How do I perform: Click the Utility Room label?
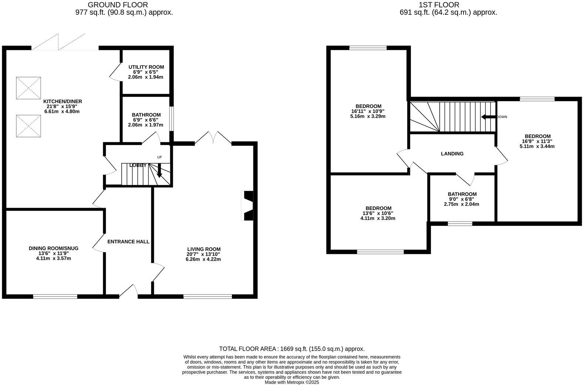(x=146, y=67)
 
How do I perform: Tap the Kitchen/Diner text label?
(x=63, y=101)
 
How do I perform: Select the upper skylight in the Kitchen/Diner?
(x=28, y=88)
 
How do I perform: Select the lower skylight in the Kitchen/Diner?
(x=28, y=126)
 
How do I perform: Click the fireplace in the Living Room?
(x=247, y=205)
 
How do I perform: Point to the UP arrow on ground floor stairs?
(x=159, y=171)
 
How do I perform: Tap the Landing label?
(x=452, y=154)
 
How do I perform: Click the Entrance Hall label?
(x=128, y=242)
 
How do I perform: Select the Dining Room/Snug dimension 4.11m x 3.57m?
(x=54, y=258)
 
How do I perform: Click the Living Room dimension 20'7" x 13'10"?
(x=203, y=254)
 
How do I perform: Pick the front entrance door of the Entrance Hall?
(x=128, y=291)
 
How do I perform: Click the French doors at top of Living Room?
(x=213, y=138)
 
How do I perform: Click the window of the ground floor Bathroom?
(x=171, y=118)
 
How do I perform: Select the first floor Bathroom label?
(x=462, y=194)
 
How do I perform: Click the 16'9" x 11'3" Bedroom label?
(x=537, y=136)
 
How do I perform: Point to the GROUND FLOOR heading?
(x=118, y=5)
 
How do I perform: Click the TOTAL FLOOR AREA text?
(x=291, y=349)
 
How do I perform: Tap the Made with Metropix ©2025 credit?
(x=291, y=382)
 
